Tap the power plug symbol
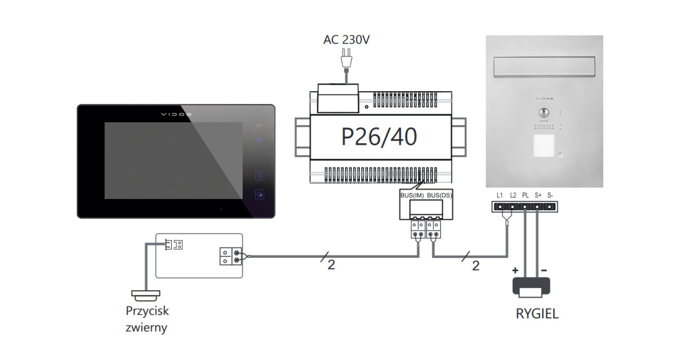pos(346,58)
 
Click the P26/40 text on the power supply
pos(379,137)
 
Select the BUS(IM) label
pos(412,196)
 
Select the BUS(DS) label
pos(439,196)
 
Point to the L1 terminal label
pos(499,196)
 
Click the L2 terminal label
pos(513,196)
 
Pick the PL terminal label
pos(525,196)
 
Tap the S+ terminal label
pos(538,196)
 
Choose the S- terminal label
pos(550,196)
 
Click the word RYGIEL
pos(537,315)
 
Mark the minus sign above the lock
pos(544,269)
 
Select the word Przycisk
pos(147,311)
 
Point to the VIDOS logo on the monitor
pos(176,114)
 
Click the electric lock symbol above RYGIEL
pos(531,287)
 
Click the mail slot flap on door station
pos(544,68)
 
